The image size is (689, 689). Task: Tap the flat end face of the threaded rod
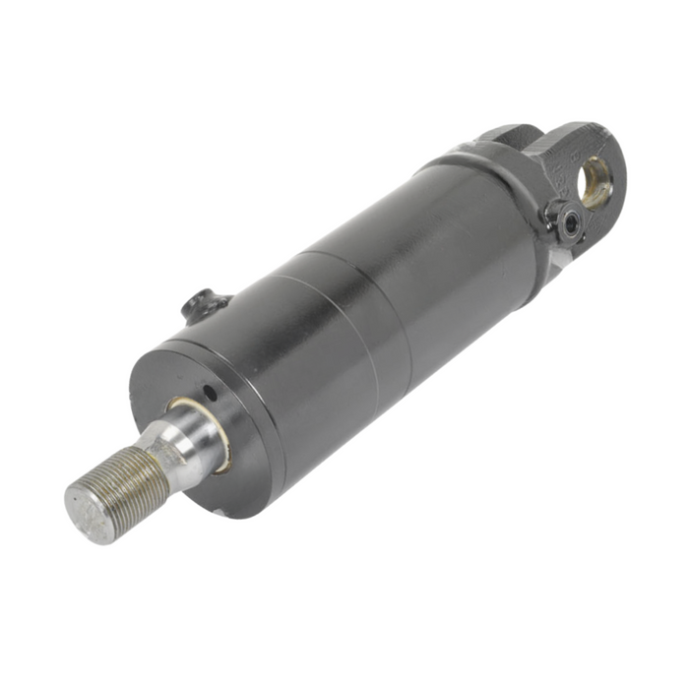89,514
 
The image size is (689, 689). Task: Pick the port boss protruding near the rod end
205,305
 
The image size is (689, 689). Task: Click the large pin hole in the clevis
596,182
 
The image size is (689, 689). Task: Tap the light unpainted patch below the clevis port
560,257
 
